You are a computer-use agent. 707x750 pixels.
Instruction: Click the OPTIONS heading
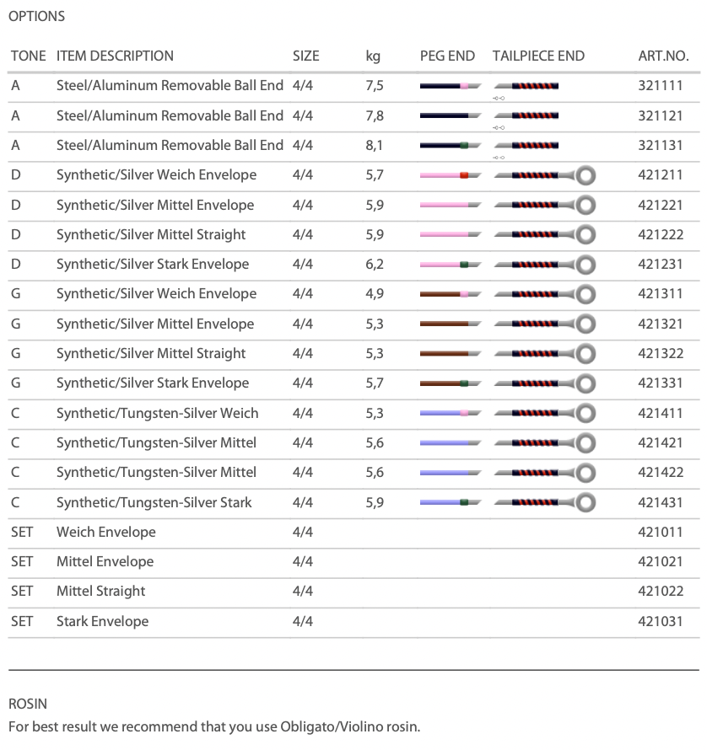point(36,16)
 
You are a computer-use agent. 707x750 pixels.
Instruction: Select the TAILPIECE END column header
point(538,56)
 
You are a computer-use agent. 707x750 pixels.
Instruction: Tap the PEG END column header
point(447,56)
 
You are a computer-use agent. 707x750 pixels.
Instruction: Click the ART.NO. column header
point(663,56)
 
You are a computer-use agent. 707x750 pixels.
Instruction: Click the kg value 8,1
point(374,145)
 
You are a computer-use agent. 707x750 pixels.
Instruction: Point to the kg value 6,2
point(375,264)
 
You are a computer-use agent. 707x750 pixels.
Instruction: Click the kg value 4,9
point(375,293)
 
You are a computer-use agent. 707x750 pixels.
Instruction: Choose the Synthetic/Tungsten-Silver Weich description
point(157,413)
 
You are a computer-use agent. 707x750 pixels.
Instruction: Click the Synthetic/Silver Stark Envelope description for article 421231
point(152,264)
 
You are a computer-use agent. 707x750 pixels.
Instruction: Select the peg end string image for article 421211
point(450,175)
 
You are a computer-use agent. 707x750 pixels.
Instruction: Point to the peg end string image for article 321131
point(450,146)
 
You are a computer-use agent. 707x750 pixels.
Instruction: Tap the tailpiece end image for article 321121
point(526,115)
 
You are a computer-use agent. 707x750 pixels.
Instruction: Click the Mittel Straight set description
point(100,591)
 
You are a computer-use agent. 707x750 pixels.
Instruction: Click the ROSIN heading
point(28,703)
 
